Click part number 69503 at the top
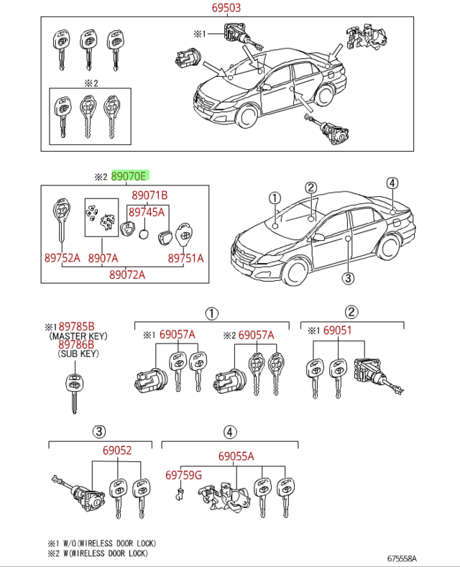pyautogui.click(x=226, y=9)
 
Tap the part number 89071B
pyautogui.click(x=149, y=195)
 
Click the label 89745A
pyautogui.click(x=146, y=211)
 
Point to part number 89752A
pyautogui.click(x=62, y=258)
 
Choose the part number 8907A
pyautogui.click(x=103, y=258)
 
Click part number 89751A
pyautogui.click(x=186, y=258)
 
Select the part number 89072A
pyautogui.click(x=128, y=274)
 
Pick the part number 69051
pyautogui.click(x=337, y=331)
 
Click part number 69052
pyautogui.click(x=117, y=451)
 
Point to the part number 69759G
pyautogui.click(x=183, y=475)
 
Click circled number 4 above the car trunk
pyautogui.click(x=391, y=183)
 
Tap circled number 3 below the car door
pyautogui.click(x=347, y=278)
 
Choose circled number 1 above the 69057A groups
pyautogui.click(x=212, y=313)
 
